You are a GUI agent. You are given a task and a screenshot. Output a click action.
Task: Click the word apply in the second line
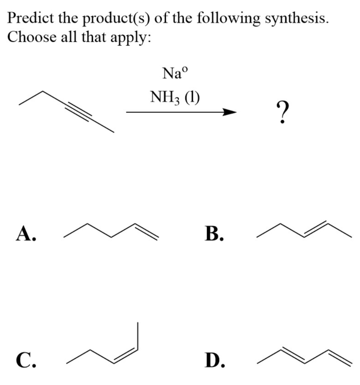pos(132,37)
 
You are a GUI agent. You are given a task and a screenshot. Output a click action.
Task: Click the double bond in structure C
pos(125,355)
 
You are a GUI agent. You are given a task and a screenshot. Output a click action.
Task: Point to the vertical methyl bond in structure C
pos(138,335)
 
